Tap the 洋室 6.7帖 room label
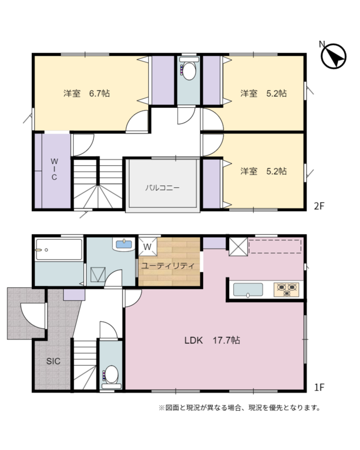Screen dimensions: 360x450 (86, 94)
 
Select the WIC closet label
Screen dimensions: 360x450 (54, 169)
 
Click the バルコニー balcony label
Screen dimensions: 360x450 (162, 188)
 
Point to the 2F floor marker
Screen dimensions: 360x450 (319, 206)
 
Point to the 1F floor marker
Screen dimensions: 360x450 (319, 387)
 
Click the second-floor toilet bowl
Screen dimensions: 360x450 (189, 71)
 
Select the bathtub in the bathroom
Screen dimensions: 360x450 (59, 249)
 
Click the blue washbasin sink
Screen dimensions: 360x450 (124, 244)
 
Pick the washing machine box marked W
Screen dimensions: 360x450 (148, 246)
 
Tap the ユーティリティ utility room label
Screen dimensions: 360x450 (168, 265)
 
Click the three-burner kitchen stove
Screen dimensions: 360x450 (287, 289)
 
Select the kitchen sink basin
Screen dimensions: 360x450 (248, 289)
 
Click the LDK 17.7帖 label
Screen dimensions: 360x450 (212, 340)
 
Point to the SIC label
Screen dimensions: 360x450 (54, 361)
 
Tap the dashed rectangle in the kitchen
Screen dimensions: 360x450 (275, 247)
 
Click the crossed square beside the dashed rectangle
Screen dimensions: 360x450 (238, 247)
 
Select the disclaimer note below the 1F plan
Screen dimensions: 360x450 (240, 408)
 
